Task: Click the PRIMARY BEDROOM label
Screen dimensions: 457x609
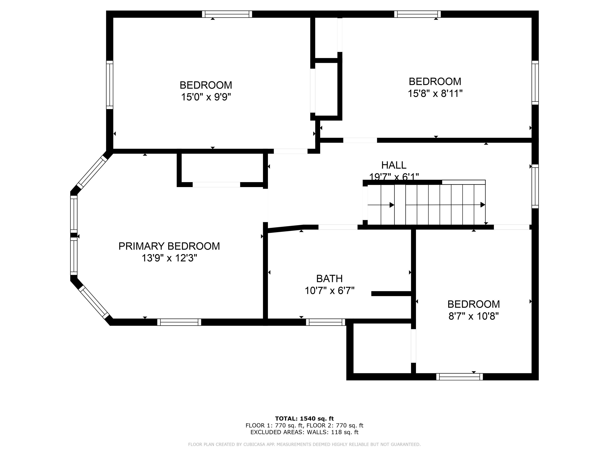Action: pyautogui.click(x=169, y=246)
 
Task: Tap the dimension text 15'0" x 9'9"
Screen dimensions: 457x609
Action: pyautogui.click(x=206, y=97)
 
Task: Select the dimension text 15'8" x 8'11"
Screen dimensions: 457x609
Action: pyautogui.click(x=435, y=93)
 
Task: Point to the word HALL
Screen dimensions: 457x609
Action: pyautogui.click(x=393, y=165)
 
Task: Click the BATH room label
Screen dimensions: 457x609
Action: pyautogui.click(x=329, y=278)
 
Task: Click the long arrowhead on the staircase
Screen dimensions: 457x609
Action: pyautogui.click(x=482, y=205)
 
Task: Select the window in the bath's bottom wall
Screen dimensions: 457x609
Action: pyautogui.click(x=325, y=322)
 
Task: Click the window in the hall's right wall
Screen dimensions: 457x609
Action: pyautogui.click(x=535, y=186)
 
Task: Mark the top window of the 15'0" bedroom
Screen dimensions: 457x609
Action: pyautogui.click(x=227, y=14)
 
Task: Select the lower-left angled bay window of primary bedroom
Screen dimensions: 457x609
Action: pyautogui.click(x=94, y=302)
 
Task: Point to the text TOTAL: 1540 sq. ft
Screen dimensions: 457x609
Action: pyautogui.click(x=304, y=419)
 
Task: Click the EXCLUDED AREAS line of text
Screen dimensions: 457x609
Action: pyautogui.click(x=304, y=432)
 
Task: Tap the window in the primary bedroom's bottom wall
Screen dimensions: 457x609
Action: pyautogui.click(x=179, y=322)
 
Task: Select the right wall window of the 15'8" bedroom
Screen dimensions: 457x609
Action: pyautogui.click(x=535, y=83)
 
